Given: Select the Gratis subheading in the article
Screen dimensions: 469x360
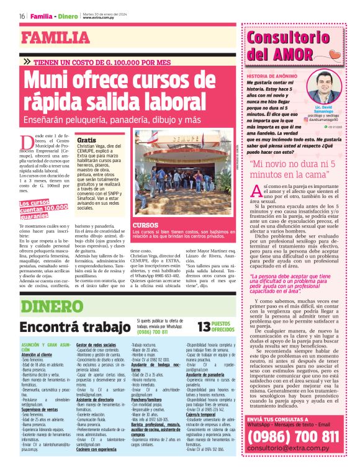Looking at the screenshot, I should [87, 141].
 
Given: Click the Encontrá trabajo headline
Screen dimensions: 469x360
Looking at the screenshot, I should [68, 326].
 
